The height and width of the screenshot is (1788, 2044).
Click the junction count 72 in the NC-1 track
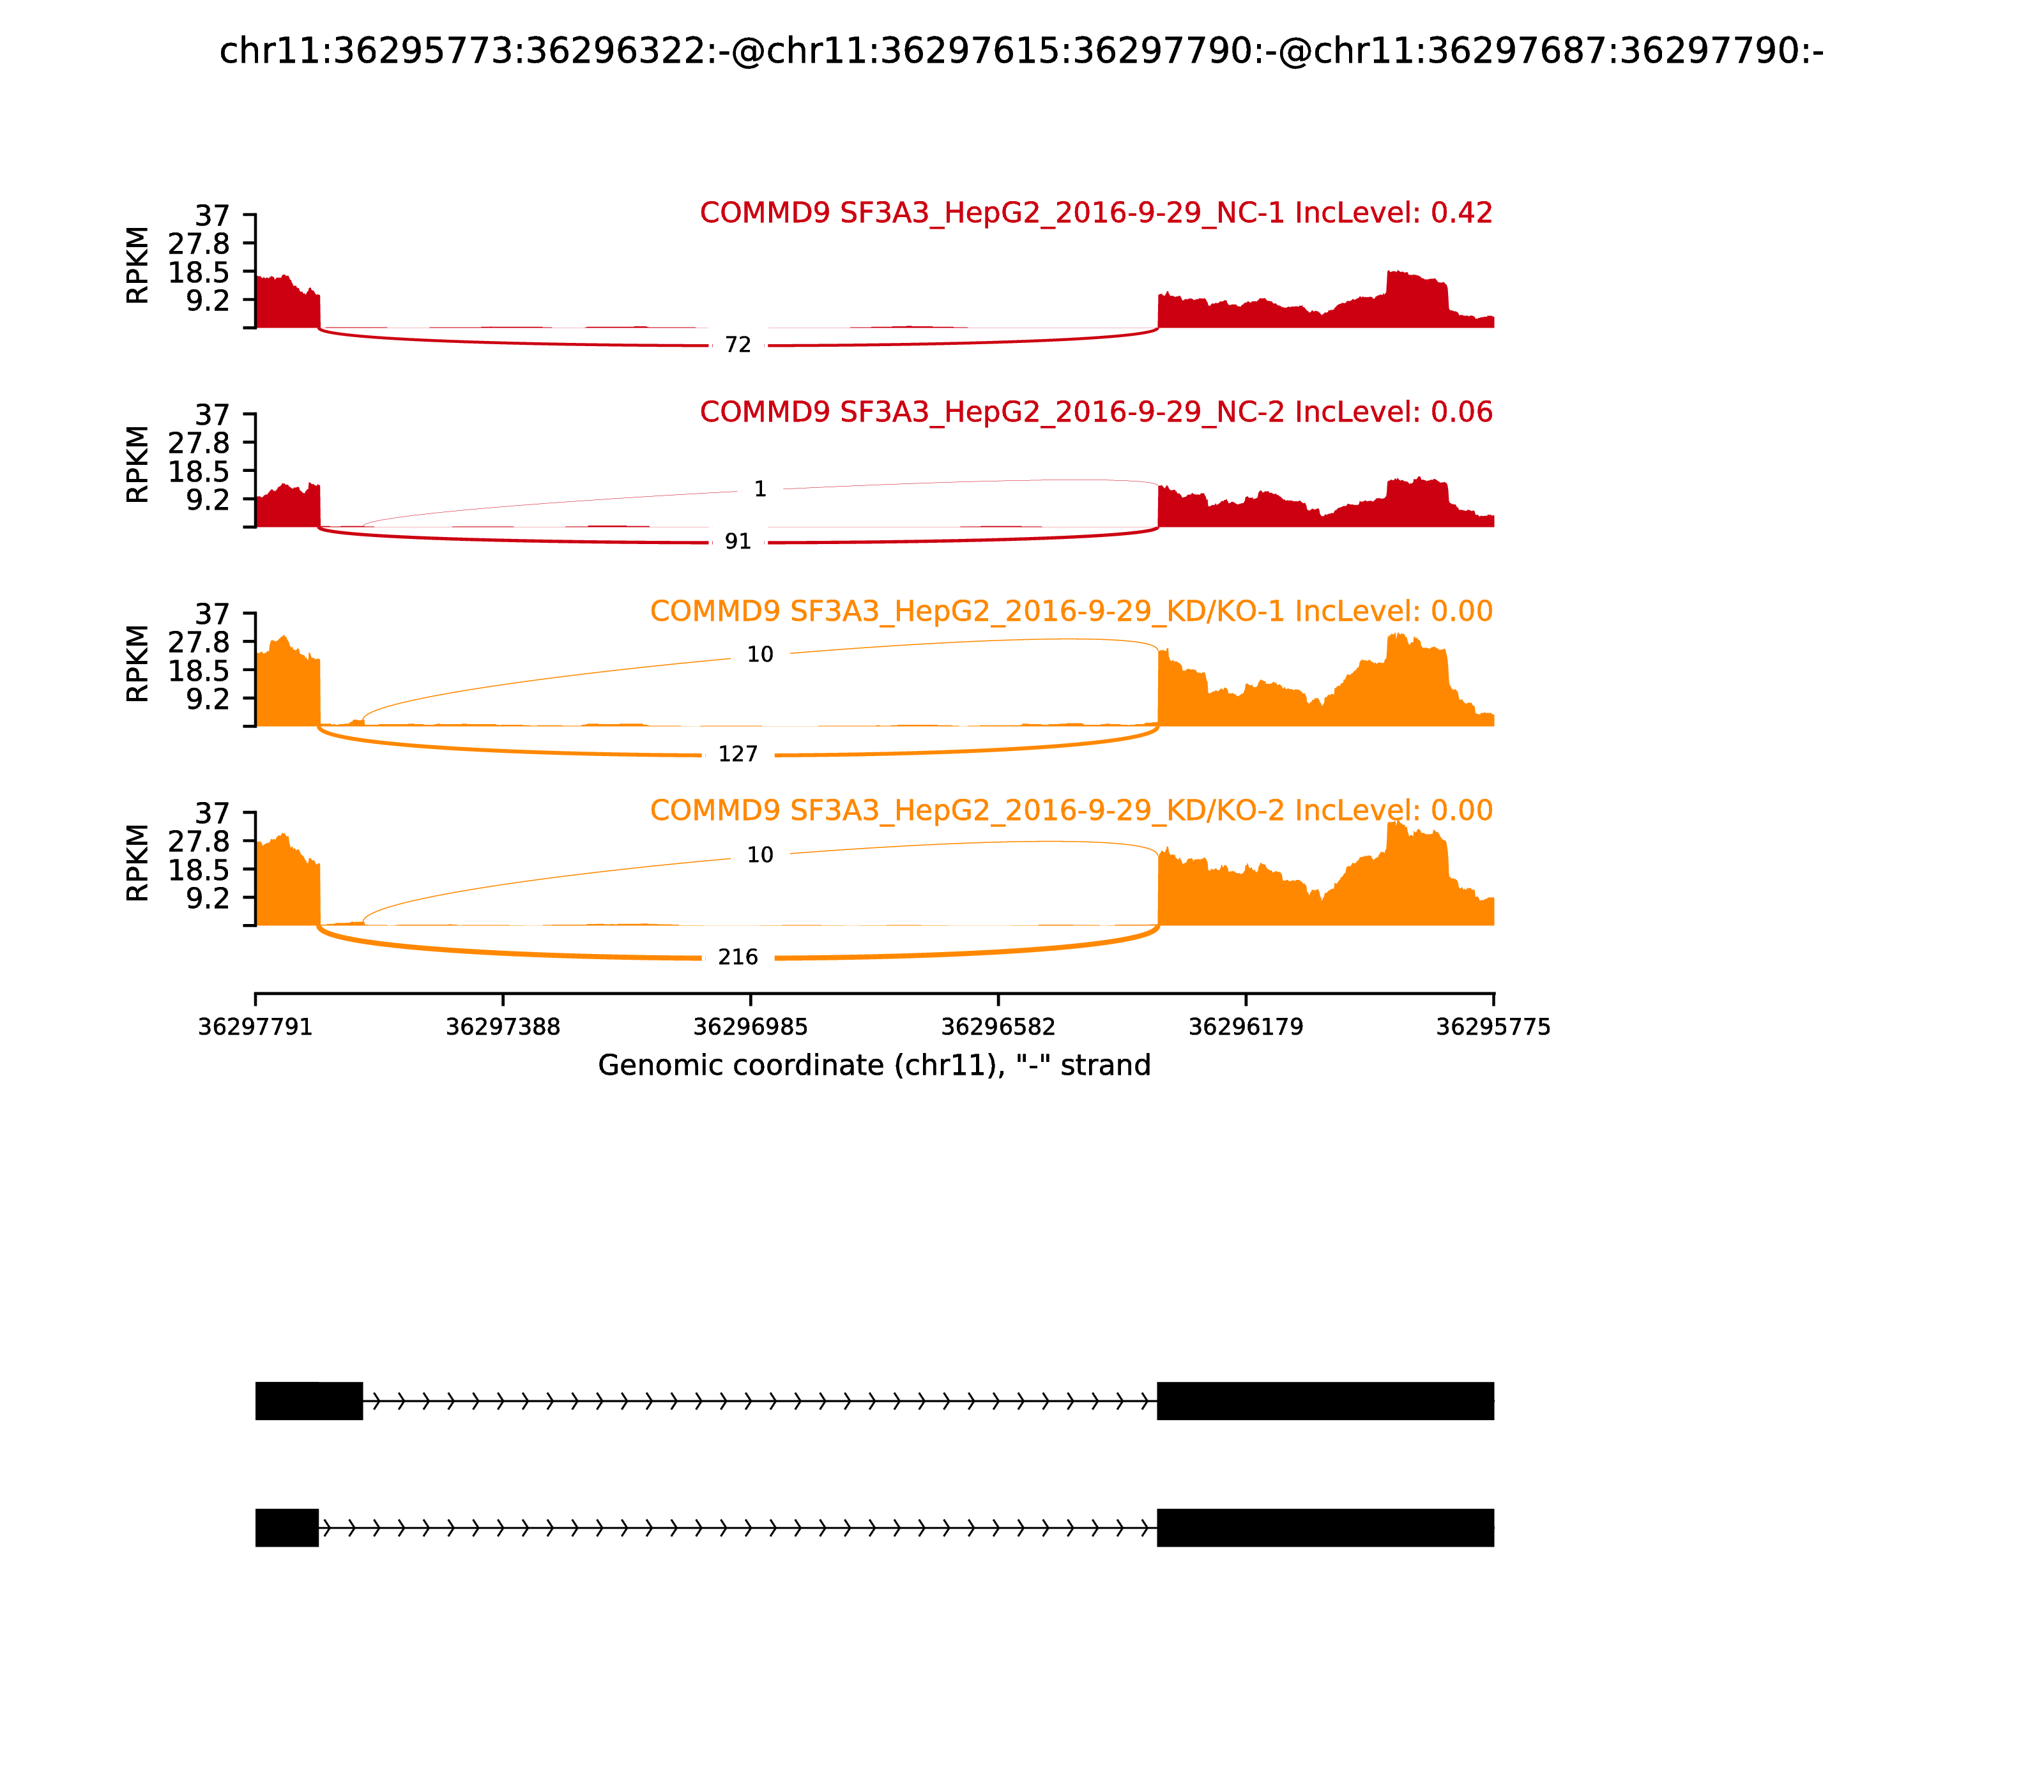pyautogui.click(x=738, y=345)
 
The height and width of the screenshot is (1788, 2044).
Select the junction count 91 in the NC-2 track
pyautogui.click(x=738, y=542)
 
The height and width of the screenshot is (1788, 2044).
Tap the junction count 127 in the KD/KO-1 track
pyautogui.click(x=738, y=754)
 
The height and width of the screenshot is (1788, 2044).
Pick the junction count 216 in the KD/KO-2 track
pyautogui.click(x=738, y=958)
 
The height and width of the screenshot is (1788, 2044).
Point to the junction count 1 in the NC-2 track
pyautogui.click(x=759, y=489)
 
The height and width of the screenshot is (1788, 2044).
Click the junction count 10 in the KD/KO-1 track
pyautogui.click(x=759, y=655)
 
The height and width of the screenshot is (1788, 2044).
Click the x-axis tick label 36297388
pyautogui.click(x=503, y=1027)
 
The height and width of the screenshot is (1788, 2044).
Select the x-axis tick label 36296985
pyautogui.click(x=751, y=1027)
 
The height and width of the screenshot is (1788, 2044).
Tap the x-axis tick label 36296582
pyautogui.click(x=998, y=1027)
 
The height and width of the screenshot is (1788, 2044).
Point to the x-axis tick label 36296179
pyautogui.click(x=1246, y=1027)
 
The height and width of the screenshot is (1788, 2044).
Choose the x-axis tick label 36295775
pyautogui.click(x=1493, y=1027)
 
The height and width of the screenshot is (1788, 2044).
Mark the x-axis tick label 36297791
pyautogui.click(x=256, y=1027)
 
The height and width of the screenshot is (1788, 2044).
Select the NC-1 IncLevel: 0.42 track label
pyautogui.click(x=1096, y=213)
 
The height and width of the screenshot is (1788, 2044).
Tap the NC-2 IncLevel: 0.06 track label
pyautogui.click(x=1096, y=412)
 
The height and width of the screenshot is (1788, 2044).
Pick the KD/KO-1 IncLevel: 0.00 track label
pyautogui.click(x=1071, y=612)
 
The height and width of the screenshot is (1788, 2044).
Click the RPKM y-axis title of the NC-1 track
pyautogui.click(x=138, y=266)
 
